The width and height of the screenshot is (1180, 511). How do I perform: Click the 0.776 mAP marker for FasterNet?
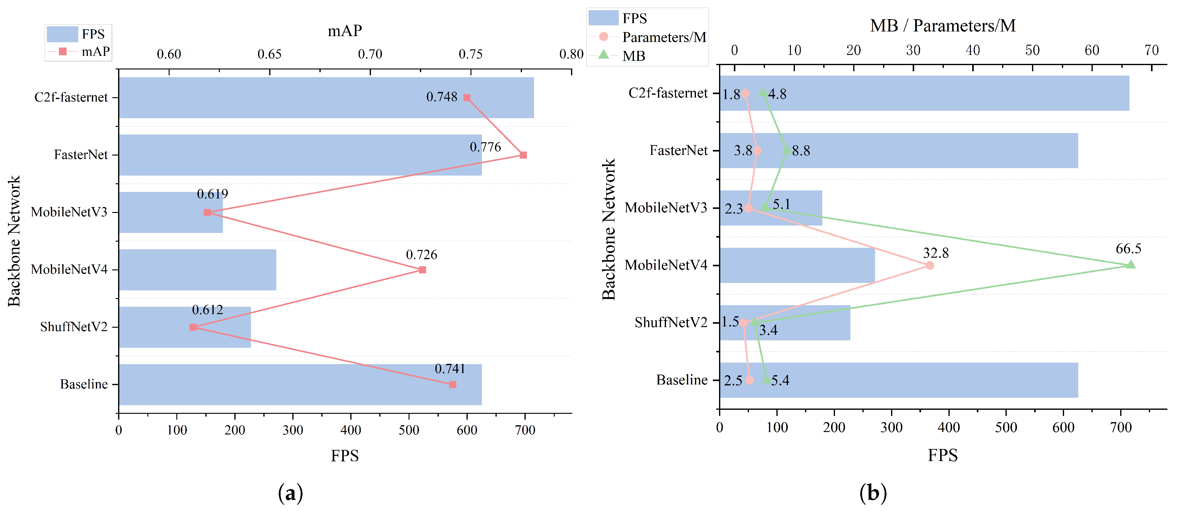pyautogui.click(x=523, y=155)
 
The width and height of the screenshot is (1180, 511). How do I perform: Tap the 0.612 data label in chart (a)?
pyautogui.click(x=208, y=310)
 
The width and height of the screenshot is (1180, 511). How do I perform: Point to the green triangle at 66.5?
pyautogui.click(x=1131, y=264)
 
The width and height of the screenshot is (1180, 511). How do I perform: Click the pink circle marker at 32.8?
pyautogui.click(x=929, y=265)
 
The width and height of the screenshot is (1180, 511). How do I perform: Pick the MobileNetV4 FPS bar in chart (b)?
pyautogui.click(x=797, y=265)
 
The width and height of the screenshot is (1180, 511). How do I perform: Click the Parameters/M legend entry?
pyautogui.click(x=663, y=37)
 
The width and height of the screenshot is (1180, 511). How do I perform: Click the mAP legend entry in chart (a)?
pyautogui.click(x=95, y=51)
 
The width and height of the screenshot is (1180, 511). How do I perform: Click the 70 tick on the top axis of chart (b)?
pyautogui.click(x=1151, y=50)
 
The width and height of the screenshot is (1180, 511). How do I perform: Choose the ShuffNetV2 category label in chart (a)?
pyautogui.click(x=73, y=327)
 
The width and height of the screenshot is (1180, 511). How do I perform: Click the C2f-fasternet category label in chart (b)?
pyautogui.click(x=668, y=93)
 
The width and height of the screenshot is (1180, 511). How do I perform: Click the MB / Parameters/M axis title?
pyautogui.click(x=943, y=26)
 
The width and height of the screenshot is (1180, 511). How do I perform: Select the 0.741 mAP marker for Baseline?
pyautogui.click(x=453, y=384)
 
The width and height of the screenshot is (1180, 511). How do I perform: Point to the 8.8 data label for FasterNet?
pyautogui.click(x=801, y=151)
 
